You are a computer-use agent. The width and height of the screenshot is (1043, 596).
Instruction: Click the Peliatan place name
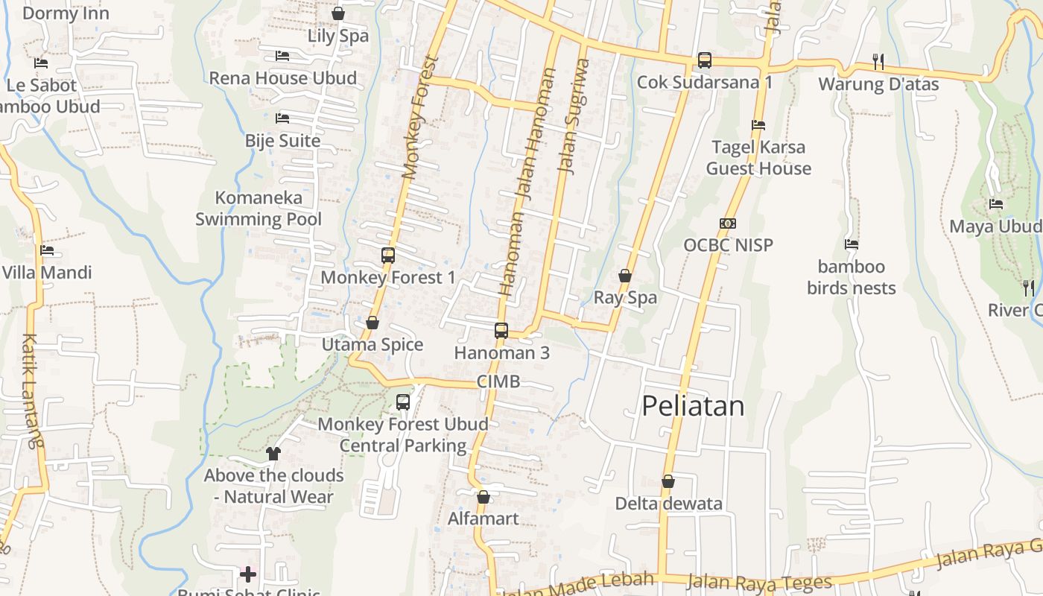coord(693,406)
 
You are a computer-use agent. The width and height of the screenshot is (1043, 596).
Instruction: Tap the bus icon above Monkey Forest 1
coord(388,255)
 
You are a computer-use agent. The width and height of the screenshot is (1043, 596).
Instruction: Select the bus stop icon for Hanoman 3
coord(501,330)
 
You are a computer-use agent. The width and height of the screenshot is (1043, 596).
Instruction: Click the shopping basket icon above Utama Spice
coord(372,323)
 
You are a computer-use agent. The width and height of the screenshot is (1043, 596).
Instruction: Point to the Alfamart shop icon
coord(484,497)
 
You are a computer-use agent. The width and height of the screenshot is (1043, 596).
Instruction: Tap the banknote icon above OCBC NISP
coord(728,223)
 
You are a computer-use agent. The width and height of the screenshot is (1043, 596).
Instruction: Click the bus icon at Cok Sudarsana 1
coord(704,60)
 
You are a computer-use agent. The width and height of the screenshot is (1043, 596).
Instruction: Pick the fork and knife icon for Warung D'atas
coord(878,61)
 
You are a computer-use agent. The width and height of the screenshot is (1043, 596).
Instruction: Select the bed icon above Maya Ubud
coord(995,203)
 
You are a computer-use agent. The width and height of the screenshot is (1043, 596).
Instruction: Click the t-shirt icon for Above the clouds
coord(273,453)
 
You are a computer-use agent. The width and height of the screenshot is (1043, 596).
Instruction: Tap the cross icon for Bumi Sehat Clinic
coord(248,574)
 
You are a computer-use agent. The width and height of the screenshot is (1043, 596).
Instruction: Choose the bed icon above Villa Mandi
coord(47,250)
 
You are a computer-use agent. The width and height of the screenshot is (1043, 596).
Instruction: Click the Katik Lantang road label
coord(32,390)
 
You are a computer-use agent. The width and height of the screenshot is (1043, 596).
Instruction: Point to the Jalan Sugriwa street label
coord(573,116)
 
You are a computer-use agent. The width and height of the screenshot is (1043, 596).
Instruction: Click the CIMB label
coord(498,381)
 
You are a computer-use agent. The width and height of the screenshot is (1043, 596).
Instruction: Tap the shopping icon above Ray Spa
coord(625,276)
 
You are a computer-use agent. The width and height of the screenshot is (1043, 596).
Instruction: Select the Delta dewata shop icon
coord(668,481)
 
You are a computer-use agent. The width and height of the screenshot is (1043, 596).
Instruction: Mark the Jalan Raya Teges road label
coord(759,582)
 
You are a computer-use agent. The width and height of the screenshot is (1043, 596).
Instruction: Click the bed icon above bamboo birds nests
coord(852,244)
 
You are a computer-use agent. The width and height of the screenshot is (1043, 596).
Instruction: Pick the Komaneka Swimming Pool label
coord(259,208)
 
